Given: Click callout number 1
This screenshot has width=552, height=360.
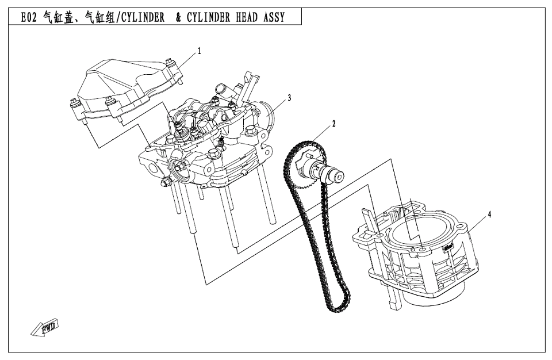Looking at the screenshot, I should pyautogui.click(x=200, y=51).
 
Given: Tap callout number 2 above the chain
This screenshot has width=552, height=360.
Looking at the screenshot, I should pyautogui.click(x=332, y=123).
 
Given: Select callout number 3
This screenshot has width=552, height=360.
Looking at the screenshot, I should pyautogui.click(x=289, y=98).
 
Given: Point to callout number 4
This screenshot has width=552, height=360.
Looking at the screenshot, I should pyautogui.click(x=489, y=215).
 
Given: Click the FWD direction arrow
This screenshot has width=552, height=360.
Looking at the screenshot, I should pyautogui.click(x=46, y=327).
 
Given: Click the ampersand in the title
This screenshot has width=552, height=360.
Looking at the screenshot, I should pyautogui.click(x=179, y=17).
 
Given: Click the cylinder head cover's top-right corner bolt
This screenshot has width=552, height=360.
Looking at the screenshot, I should pyautogui.click(x=168, y=63).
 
